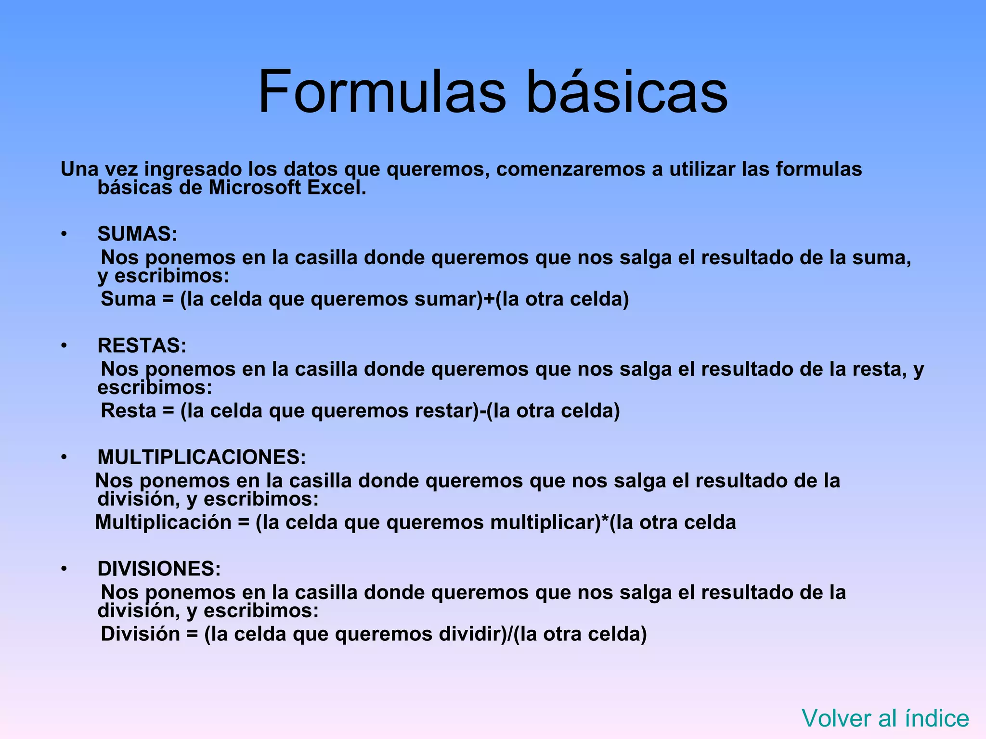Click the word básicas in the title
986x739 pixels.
pos(627,91)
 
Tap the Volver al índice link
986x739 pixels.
pos(885,718)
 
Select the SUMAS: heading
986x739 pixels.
pos(137,234)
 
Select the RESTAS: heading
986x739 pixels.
pos(142,345)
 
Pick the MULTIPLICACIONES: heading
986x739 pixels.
pos(201,457)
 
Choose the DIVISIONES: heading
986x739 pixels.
pos(159,569)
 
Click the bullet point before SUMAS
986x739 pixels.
pos(64,234)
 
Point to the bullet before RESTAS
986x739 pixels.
pos(64,346)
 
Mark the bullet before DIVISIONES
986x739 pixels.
pos(64,569)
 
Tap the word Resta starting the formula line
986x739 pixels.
pos(129,410)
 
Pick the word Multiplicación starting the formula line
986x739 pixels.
pos(163,522)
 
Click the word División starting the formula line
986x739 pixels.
pos(140,634)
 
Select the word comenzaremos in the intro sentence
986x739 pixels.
pos(571,169)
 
